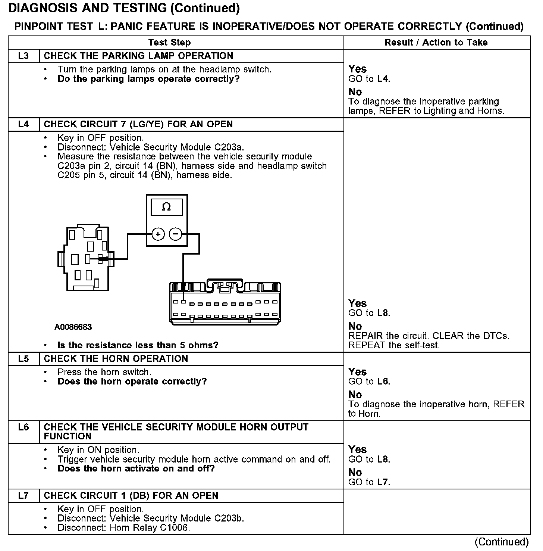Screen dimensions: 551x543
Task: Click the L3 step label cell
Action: pyautogui.click(x=23, y=56)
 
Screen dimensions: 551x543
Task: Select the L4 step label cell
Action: pyautogui.click(x=23, y=124)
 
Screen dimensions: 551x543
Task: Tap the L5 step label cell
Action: pyautogui.click(x=23, y=359)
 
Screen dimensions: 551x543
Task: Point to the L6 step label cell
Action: pyautogui.click(x=23, y=427)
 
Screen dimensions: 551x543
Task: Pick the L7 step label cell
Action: pyautogui.click(x=23, y=496)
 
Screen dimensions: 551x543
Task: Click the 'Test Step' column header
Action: pyautogui.click(x=169, y=43)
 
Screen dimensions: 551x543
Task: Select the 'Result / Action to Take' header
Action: pyautogui.click(x=436, y=43)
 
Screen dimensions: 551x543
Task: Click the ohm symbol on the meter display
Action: pyautogui.click(x=166, y=207)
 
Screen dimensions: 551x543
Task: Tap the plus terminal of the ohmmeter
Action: pyautogui.click(x=158, y=234)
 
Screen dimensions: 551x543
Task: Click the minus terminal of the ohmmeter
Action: pyautogui.click(x=175, y=234)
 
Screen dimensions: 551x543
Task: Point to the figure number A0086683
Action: pyautogui.click(x=73, y=327)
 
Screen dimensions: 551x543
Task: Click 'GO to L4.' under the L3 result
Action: pyautogui.click(x=369, y=79)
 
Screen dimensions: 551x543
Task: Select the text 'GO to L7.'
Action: pyautogui.click(x=369, y=482)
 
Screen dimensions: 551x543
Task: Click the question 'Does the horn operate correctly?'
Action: pyautogui.click(x=132, y=382)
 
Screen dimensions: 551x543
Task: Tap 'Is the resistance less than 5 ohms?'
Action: pyautogui.click(x=138, y=345)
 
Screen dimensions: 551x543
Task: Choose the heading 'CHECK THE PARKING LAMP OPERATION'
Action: pyautogui.click(x=138, y=56)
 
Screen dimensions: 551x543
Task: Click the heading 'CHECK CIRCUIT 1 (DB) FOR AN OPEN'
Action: pyautogui.click(x=131, y=496)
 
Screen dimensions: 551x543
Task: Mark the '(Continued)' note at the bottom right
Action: pyautogui.click(x=502, y=542)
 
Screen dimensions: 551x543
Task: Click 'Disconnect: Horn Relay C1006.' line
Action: pyautogui.click(x=124, y=528)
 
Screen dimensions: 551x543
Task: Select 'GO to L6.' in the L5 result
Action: pyautogui.click(x=369, y=382)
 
